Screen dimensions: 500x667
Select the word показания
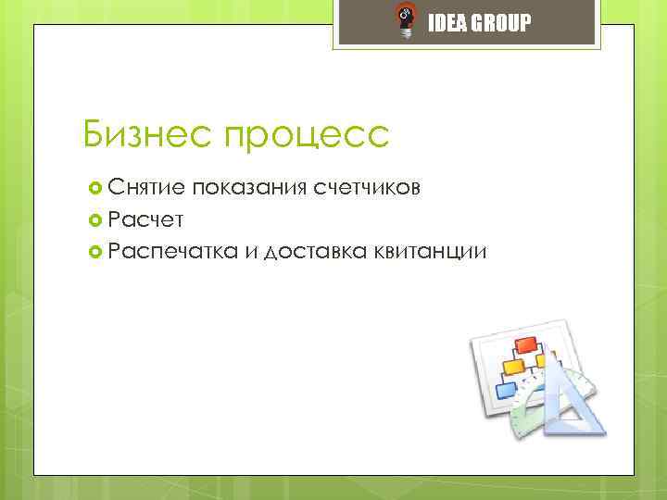click(x=247, y=190)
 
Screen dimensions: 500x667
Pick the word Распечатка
click(x=173, y=250)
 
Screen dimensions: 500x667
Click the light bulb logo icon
click(x=405, y=21)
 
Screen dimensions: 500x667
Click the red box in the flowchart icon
click(x=527, y=346)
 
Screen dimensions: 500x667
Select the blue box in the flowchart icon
click(x=506, y=390)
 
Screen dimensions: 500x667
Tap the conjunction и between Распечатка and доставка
click(x=251, y=250)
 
